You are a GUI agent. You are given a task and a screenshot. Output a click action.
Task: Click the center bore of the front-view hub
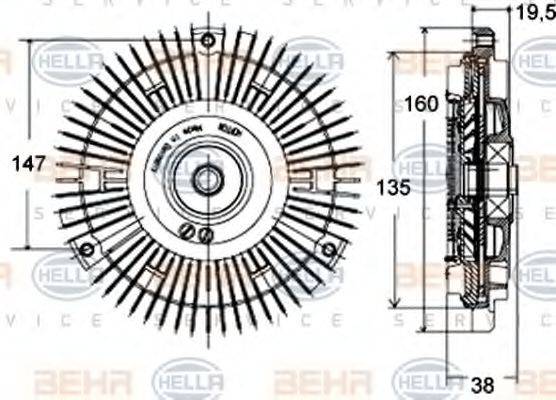point(207,181)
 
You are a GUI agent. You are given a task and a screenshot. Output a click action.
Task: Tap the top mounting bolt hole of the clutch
point(207,41)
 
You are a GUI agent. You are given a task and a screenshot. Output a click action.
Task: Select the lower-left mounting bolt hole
point(87,248)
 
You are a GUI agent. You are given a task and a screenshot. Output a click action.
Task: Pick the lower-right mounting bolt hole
point(328,248)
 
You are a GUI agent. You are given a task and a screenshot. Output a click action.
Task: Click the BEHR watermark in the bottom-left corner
point(67,380)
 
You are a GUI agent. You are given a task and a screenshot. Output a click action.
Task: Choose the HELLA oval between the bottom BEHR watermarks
point(188,380)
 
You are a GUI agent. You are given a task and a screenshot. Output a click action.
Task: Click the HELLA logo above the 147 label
point(68,62)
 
